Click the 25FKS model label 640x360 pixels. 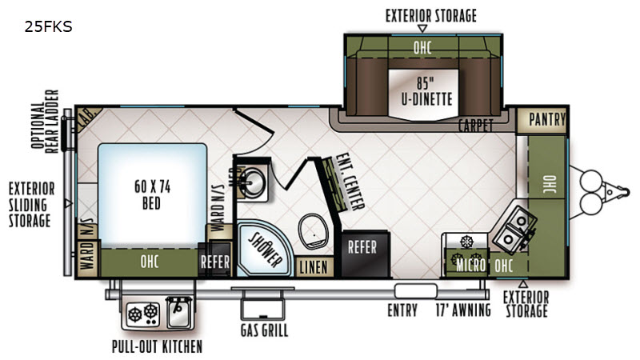click(48, 26)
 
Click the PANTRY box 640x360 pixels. click(546, 120)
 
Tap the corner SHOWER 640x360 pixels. click(263, 248)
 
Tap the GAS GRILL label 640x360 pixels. click(264, 330)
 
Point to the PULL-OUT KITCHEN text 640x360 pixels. click(157, 347)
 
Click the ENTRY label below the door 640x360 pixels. click(402, 310)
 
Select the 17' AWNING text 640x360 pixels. click(462, 310)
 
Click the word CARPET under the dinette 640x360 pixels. click(475, 126)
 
